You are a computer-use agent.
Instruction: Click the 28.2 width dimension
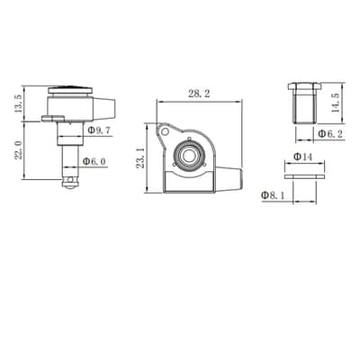tap(199, 94)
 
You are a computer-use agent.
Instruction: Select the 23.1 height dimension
tap(141, 157)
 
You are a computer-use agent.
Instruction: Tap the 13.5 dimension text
tap(18, 103)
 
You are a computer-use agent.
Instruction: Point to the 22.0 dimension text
tap(18, 150)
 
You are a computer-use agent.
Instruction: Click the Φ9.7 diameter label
tap(99, 130)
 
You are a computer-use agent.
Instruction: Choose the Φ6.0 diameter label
tap(94, 161)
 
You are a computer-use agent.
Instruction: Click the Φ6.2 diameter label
tap(330, 134)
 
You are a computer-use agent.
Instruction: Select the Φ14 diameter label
tap(303, 157)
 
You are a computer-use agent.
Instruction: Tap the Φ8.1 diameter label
tap(273, 195)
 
